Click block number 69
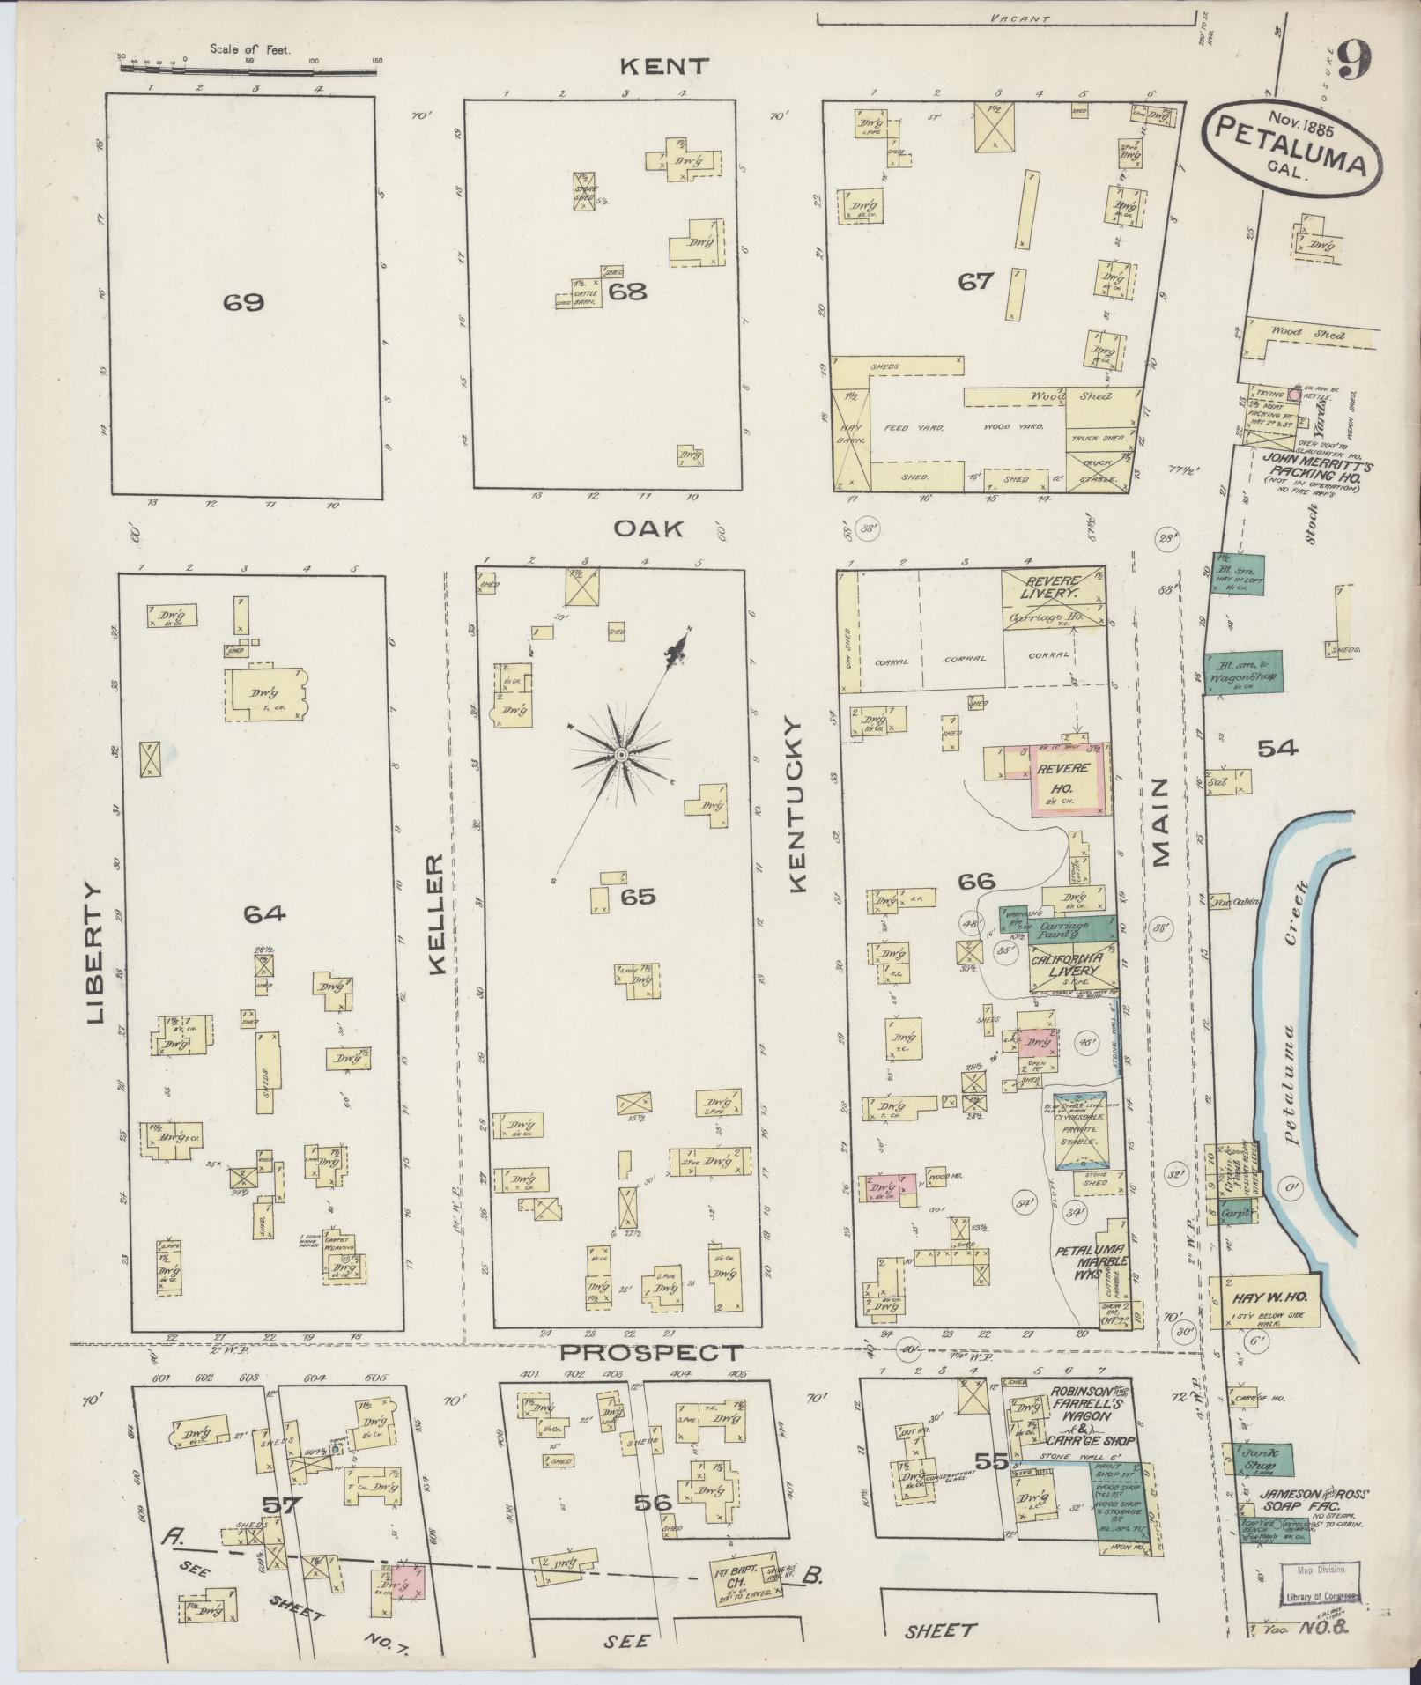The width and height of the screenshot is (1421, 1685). (x=243, y=303)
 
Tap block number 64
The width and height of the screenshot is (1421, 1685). (x=265, y=914)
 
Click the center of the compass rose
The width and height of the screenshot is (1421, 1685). (x=620, y=756)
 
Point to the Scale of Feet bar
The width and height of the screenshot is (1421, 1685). (x=251, y=63)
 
